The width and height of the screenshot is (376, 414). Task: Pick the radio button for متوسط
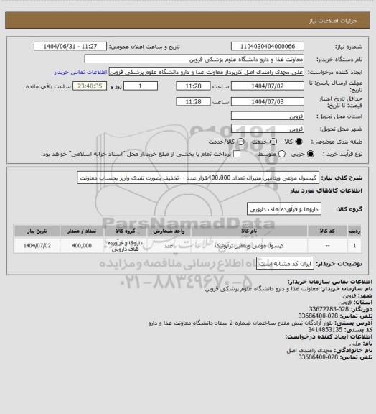point(281,154)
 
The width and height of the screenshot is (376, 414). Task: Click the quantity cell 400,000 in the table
point(81,245)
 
